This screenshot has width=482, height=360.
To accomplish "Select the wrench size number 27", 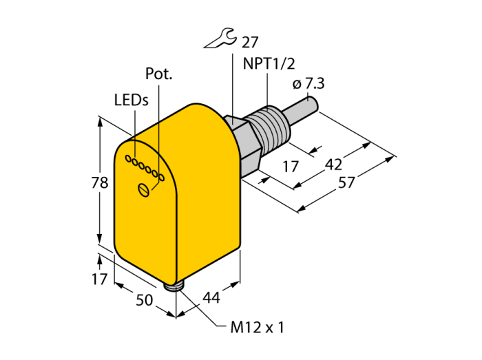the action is click(x=250, y=42).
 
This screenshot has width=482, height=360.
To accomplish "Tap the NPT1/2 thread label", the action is click(x=269, y=64).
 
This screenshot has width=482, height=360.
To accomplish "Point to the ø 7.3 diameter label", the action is click(x=308, y=83).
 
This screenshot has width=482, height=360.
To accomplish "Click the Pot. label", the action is click(x=158, y=74).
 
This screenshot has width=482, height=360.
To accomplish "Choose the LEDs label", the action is click(x=132, y=100).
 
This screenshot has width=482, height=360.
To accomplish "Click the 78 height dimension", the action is click(x=100, y=183).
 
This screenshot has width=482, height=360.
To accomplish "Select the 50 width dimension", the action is click(x=144, y=300).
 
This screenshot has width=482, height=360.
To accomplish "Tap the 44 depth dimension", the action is click(x=211, y=297).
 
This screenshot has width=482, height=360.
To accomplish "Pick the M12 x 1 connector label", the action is click(x=258, y=328).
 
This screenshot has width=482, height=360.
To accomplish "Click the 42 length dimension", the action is click(x=333, y=165).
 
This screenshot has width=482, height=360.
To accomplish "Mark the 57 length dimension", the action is click(x=346, y=183).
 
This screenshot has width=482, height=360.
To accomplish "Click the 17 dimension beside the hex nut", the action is click(x=291, y=167).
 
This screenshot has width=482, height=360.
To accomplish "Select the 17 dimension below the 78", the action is click(x=100, y=279).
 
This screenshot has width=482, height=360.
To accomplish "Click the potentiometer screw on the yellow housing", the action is click(x=143, y=189).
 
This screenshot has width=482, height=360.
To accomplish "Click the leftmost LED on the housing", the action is click(x=128, y=158).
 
